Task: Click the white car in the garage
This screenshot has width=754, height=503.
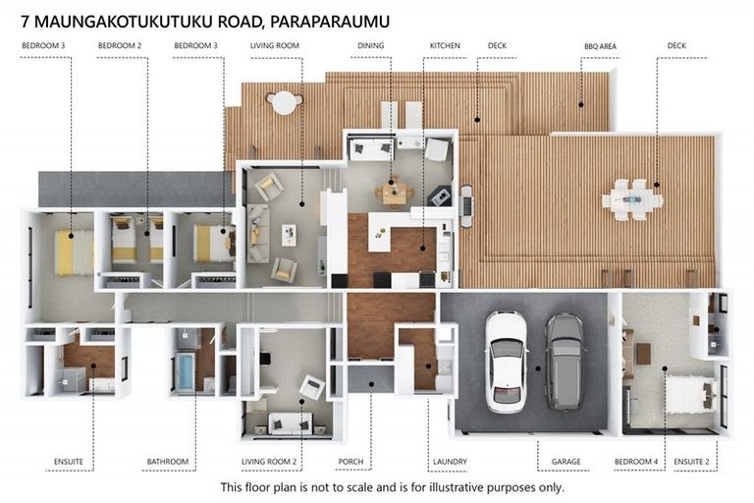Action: [507, 361]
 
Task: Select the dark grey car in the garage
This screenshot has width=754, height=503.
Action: [564, 361]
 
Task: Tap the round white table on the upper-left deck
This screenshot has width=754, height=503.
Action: [283, 101]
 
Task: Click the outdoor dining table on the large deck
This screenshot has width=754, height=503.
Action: [632, 199]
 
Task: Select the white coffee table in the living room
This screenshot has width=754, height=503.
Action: [289, 235]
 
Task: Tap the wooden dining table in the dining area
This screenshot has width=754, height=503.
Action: [394, 193]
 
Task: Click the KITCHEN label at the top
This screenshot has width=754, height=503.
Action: [444, 45]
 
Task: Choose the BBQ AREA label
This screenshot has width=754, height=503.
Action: [601, 45]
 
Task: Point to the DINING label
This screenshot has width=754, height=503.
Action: [371, 45]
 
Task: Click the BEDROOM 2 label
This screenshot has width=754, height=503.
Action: [120, 45]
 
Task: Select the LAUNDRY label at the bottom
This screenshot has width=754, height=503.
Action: [449, 461]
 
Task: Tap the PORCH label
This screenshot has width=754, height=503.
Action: [350, 461]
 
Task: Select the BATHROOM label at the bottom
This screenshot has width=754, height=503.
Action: [168, 461]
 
